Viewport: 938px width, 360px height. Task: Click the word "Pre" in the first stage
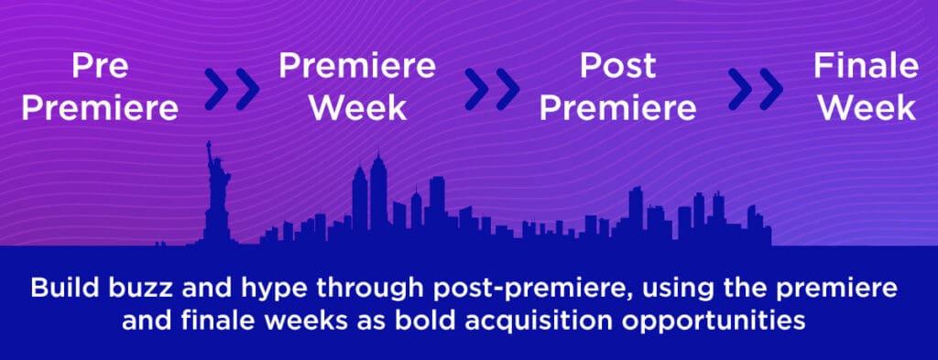100,68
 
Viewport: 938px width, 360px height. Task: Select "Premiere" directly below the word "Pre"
100,108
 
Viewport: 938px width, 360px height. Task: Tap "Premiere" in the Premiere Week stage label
357,66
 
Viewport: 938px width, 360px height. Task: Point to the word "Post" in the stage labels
616,67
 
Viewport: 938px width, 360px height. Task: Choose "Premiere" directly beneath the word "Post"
616,107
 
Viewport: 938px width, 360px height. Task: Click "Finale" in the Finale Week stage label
866,67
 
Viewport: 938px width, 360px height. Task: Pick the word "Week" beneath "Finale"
866,107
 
